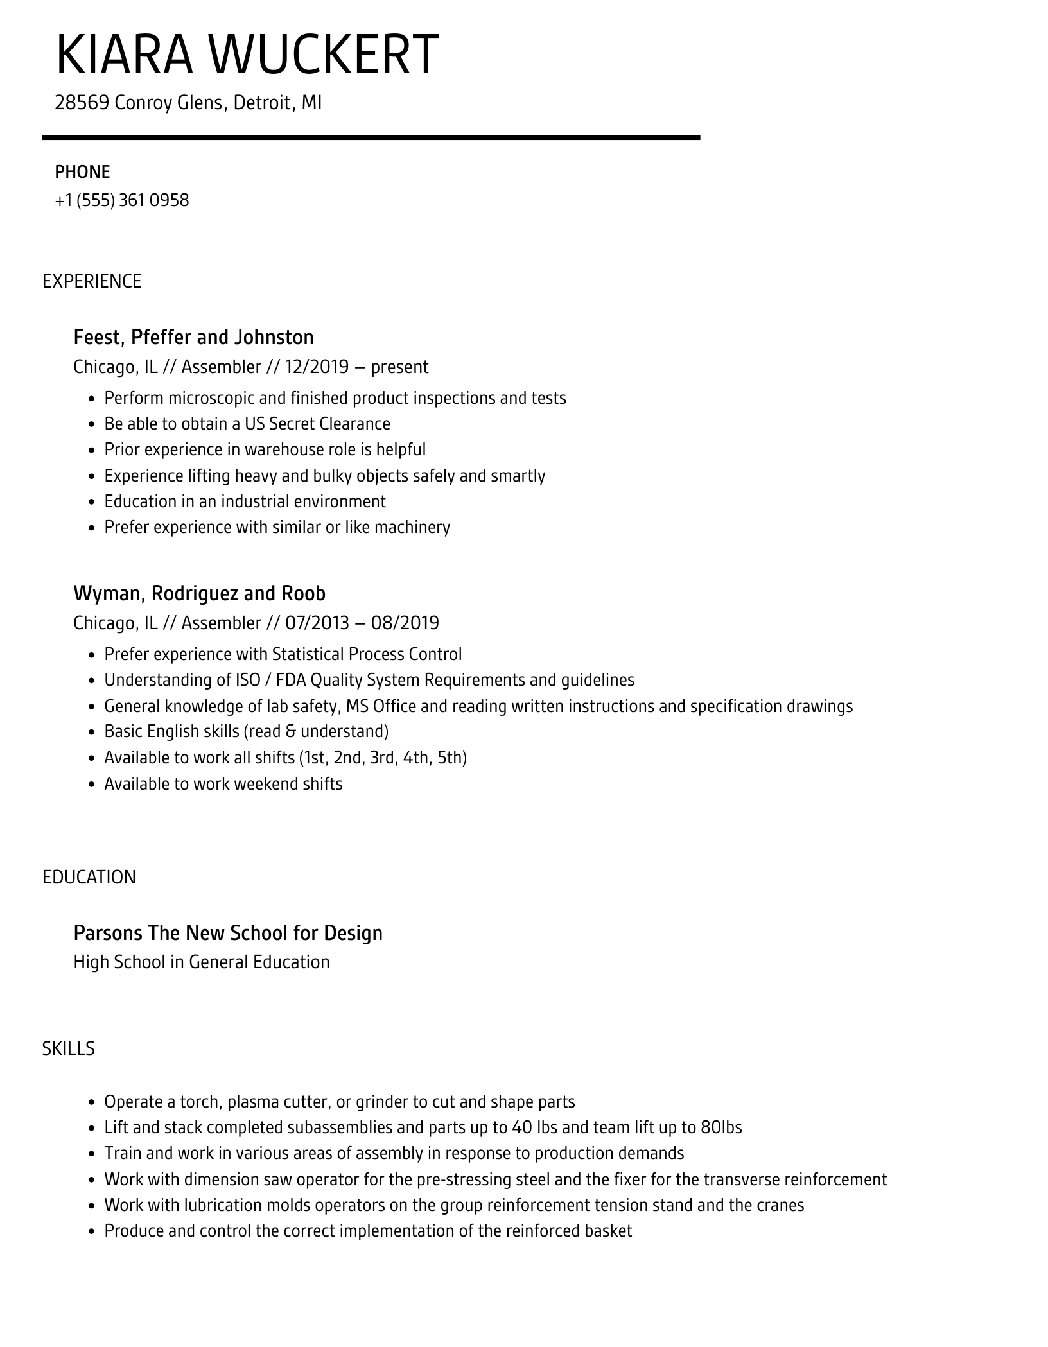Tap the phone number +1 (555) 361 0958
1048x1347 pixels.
click(122, 200)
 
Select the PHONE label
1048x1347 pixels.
click(82, 172)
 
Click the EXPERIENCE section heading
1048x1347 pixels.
click(92, 281)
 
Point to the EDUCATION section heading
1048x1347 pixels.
click(89, 877)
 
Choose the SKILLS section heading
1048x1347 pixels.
click(68, 1048)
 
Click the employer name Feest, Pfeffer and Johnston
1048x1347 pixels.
click(193, 337)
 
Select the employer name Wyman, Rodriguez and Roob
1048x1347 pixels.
click(199, 593)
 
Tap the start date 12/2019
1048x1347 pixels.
click(317, 367)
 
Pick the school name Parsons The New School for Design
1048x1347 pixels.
click(228, 932)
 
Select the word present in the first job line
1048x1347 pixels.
click(399, 367)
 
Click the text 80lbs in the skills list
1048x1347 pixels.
click(721, 1127)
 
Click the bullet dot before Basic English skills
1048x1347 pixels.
click(91, 733)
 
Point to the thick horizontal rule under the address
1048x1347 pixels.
click(371, 137)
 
